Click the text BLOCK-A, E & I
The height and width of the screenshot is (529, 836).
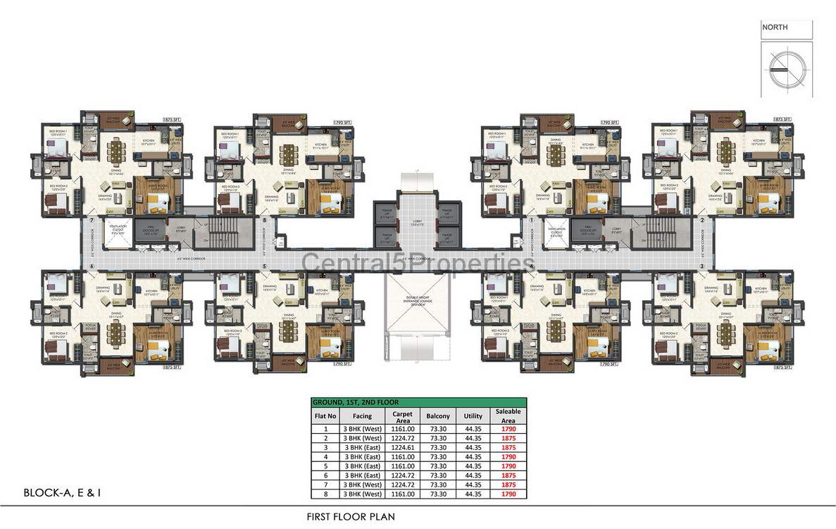[62, 493]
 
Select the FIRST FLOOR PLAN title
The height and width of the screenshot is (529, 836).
[351, 516]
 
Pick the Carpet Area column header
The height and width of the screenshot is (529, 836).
[403, 416]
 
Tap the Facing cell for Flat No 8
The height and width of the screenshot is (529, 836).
[362, 494]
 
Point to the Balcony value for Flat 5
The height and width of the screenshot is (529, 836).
[439, 466]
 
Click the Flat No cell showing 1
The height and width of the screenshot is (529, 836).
[325, 429]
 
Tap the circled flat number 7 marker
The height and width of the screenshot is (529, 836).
[92, 221]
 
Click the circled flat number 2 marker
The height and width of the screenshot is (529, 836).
[701, 221]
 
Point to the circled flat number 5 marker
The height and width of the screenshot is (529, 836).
[264, 267]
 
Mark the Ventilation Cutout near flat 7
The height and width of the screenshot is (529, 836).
[117, 231]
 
